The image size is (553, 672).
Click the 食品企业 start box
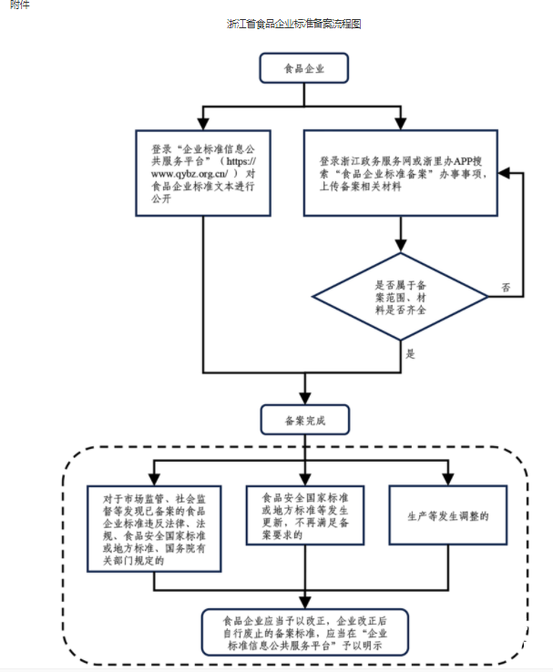(x=303, y=67)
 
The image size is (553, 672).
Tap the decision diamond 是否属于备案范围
(x=402, y=297)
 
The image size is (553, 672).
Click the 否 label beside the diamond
(x=506, y=288)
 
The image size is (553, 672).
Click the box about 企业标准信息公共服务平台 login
(x=203, y=172)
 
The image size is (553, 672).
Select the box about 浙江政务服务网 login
(x=401, y=172)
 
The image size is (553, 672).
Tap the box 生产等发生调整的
(x=448, y=516)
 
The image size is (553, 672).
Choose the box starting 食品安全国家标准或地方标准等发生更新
(x=303, y=516)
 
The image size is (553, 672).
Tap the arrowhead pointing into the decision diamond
(x=402, y=247)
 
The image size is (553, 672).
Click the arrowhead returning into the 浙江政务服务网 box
(x=502, y=172)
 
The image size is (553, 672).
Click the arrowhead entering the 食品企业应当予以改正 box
(x=303, y=604)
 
